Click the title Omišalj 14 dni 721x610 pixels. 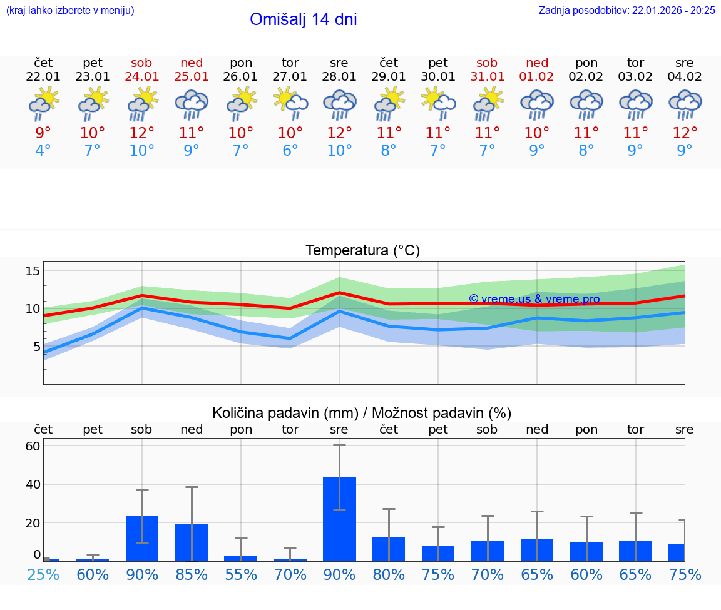pos(304,19)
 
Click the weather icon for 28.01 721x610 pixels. pos(339,104)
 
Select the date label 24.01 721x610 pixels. pos(142,77)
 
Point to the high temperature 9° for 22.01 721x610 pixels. pos(43,133)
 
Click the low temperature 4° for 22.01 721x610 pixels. pos(43,151)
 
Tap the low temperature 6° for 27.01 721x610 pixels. pos(290,151)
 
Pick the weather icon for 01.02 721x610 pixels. pos(536,104)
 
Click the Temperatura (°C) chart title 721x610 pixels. pos(362,251)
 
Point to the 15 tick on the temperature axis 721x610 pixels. pos(33,271)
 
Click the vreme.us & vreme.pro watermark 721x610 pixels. pos(534,299)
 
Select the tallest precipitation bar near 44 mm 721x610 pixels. pos(339,519)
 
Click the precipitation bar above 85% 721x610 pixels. pos(192,542)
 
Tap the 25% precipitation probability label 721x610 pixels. pos(43,574)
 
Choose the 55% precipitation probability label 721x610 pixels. pos(241,574)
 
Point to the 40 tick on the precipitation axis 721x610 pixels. pos(33,484)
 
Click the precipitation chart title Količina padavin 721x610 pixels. pos(362,413)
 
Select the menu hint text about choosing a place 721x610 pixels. pos(69,10)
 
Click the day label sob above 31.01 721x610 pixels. pos(487,63)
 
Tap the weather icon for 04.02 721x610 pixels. pos(685,104)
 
